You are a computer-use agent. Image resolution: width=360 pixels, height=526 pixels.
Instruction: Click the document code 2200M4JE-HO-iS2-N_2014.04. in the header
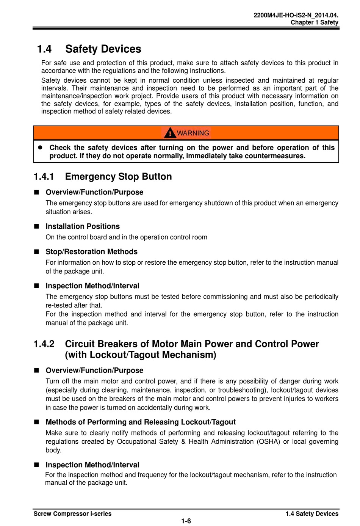pos(296,16)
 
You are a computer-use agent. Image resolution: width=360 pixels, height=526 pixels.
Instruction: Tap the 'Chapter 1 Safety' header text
pos(314,22)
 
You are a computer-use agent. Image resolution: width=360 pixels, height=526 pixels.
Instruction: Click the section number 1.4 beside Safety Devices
pos(44,49)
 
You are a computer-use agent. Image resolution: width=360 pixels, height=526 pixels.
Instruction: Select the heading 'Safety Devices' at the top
pos(103,49)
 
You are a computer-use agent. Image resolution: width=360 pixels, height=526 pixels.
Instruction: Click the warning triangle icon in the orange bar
pos(170,133)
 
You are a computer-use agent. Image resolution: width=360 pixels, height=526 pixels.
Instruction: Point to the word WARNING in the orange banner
pos(193,133)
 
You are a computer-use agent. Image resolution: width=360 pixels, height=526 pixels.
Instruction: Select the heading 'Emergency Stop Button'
pos(118,177)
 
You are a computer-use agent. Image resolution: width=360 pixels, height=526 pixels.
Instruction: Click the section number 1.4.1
pos(44,177)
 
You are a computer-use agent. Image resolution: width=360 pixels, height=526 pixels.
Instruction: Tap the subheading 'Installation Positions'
pos(83,226)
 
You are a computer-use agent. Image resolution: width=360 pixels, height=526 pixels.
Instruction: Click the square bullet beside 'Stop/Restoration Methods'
pos(37,252)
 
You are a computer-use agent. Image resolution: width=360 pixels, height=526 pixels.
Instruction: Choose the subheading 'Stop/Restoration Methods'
pos(91,252)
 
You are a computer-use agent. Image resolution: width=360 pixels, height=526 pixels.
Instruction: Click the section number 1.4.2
pos(44,344)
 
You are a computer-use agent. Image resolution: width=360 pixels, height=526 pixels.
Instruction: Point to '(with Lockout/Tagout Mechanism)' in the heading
pos(141,355)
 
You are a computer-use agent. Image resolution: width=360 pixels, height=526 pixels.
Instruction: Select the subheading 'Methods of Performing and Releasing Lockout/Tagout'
pos(141,422)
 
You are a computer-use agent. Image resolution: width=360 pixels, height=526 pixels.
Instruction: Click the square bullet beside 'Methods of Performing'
pos(37,422)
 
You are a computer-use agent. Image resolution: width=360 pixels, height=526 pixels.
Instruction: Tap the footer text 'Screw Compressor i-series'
pos(72,514)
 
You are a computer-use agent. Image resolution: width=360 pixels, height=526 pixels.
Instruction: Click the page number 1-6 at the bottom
pos(186,521)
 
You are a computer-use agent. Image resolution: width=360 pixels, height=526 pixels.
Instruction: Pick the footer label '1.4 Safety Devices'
pos(312,514)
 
